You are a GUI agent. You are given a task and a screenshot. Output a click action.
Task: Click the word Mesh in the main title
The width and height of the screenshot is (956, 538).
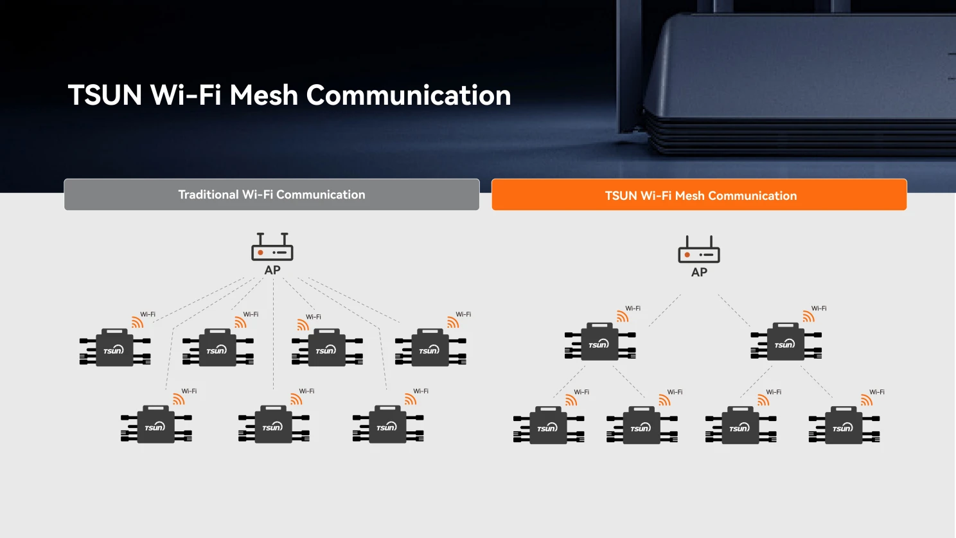click(x=263, y=95)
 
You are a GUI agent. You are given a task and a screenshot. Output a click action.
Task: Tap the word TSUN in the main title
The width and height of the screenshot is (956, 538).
click(x=105, y=95)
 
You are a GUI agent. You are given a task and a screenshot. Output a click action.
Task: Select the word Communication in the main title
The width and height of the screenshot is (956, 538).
click(x=408, y=95)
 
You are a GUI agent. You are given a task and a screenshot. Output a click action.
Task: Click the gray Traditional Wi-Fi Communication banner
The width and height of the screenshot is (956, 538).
click(x=272, y=195)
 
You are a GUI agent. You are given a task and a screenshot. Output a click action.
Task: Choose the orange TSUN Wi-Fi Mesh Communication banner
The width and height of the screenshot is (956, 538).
click(x=699, y=195)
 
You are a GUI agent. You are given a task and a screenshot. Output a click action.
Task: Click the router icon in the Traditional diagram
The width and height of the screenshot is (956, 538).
click(x=272, y=247)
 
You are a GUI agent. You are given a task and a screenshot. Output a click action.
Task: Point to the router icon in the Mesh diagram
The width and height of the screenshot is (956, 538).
click(x=699, y=250)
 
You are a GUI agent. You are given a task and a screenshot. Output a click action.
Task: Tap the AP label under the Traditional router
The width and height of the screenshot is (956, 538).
click(x=272, y=271)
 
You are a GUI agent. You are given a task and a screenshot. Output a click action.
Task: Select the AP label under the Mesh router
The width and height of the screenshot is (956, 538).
click(x=699, y=273)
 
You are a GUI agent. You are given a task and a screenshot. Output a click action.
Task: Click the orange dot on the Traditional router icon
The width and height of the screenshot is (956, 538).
click(x=260, y=253)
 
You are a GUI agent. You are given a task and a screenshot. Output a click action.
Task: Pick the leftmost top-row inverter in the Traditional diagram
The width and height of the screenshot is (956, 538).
click(x=115, y=348)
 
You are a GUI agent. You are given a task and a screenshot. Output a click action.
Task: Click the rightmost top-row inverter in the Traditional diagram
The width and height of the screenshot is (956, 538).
click(x=430, y=348)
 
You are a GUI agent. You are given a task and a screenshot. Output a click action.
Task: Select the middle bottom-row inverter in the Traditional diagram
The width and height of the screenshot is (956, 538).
click(x=274, y=425)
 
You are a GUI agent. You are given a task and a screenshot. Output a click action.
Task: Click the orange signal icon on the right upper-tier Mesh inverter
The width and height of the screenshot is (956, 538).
click(x=808, y=316)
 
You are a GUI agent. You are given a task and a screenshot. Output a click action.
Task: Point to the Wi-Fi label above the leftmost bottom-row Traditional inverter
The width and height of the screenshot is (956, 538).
click(x=189, y=391)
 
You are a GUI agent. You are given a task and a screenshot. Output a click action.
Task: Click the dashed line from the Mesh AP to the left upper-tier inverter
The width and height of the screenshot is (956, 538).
click(x=664, y=311)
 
